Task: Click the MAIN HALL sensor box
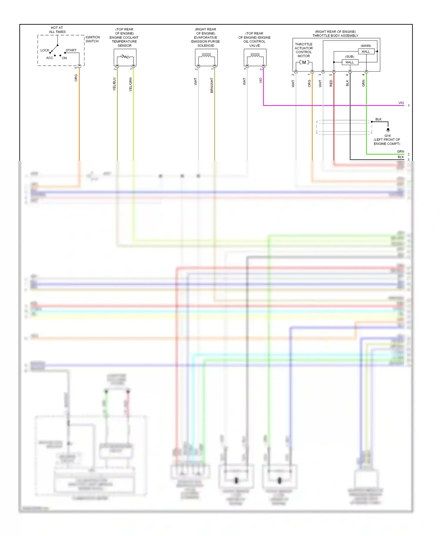366,52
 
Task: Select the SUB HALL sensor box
350,62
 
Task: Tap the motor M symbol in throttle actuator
304,62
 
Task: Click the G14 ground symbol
388,130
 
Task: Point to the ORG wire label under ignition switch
76,78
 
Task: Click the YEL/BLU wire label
114,84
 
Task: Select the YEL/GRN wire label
131,84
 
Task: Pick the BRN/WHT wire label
212,85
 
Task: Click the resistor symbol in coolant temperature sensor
125,56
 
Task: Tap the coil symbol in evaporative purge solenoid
206,55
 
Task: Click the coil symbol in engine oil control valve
255,55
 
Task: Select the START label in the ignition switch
71,50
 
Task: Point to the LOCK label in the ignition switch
45,50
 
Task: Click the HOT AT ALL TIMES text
57,30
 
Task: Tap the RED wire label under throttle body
331,83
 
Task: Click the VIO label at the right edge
401,103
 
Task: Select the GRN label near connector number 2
400,152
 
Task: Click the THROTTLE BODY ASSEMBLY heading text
335,36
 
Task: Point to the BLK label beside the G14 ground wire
378,119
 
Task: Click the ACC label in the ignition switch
50,58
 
